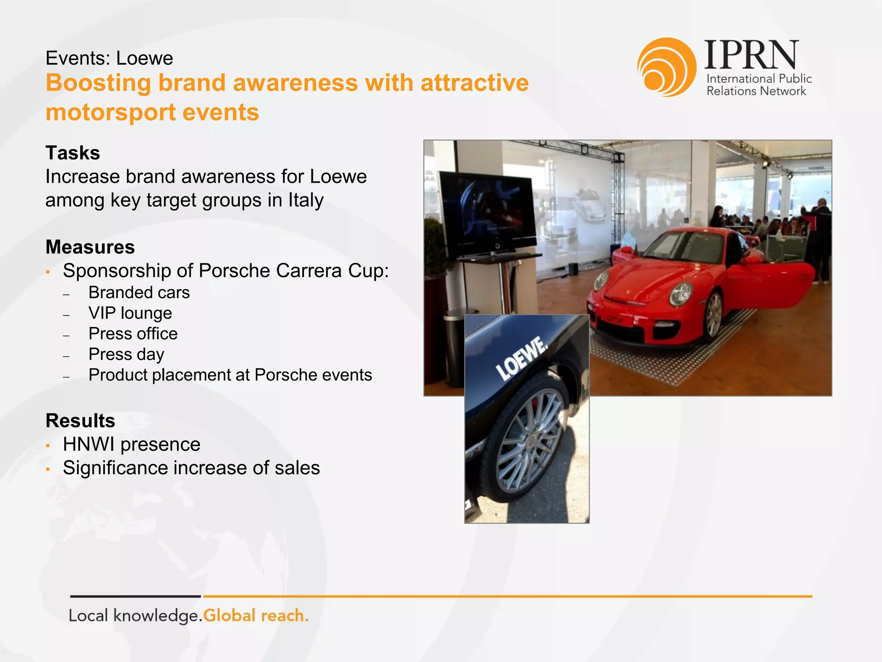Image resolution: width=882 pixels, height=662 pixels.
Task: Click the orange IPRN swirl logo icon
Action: [x=666, y=67]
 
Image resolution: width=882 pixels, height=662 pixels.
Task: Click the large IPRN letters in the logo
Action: [x=752, y=55]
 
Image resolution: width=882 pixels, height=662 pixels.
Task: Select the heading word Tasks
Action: [x=73, y=153]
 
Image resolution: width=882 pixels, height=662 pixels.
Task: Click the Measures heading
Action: [x=90, y=247]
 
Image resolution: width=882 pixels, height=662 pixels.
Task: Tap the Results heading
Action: [x=81, y=421]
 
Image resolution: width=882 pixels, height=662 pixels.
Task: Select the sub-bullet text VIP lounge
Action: [x=130, y=313]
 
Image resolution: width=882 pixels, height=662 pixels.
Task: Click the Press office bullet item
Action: [x=133, y=334]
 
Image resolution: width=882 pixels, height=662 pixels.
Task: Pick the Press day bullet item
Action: [x=126, y=354]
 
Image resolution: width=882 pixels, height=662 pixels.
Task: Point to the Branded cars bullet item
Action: [x=139, y=293]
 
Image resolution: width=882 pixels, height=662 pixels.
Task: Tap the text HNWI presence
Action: [x=131, y=444]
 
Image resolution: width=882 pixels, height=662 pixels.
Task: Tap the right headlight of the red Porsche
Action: [x=681, y=294]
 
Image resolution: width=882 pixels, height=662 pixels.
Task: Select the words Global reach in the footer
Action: [x=256, y=615]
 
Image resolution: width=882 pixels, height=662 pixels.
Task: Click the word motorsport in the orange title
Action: [x=110, y=112]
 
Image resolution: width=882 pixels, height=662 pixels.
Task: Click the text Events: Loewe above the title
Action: [x=109, y=58]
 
